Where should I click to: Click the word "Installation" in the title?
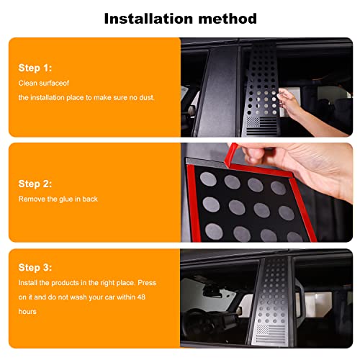click(x=148, y=19)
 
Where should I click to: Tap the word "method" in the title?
click(x=228, y=19)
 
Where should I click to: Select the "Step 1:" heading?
click(x=35, y=68)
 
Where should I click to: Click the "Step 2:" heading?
click(x=35, y=184)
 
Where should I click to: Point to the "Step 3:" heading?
click(x=35, y=267)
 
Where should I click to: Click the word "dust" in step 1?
click(x=146, y=97)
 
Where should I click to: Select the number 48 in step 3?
click(x=141, y=297)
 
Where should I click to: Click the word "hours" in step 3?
click(x=27, y=312)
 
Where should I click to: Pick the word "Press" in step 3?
click(x=147, y=283)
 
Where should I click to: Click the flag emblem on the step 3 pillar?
click(x=271, y=333)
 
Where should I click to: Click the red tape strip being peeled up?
click(x=230, y=155)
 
